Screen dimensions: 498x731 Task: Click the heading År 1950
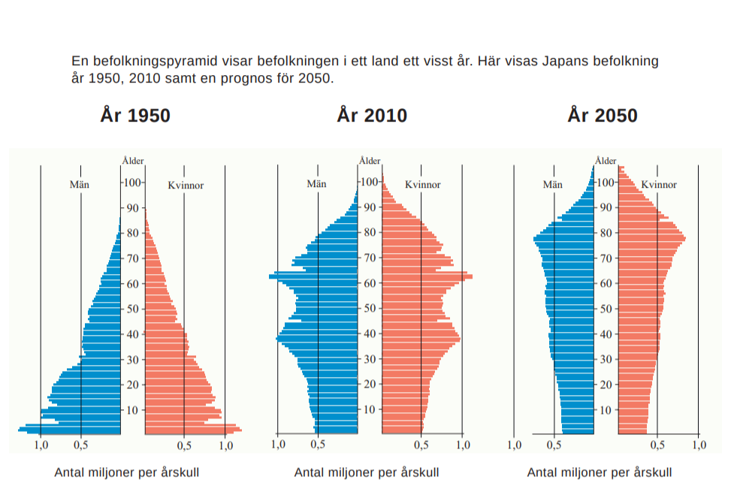coord(135,115)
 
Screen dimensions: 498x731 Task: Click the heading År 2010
coord(372,115)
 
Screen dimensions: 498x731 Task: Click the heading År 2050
coord(603,115)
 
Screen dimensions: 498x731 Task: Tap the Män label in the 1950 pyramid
coord(80,184)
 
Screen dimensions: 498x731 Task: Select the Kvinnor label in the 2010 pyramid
coord(422,184)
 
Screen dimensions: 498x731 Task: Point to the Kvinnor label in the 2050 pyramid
coord(659,184)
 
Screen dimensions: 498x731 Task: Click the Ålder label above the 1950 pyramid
coord(133,160)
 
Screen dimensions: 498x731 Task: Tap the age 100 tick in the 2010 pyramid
coord(368,182)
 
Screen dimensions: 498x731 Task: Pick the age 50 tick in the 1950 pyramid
coord(133,309)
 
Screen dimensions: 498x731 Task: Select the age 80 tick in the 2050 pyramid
coord(606,233)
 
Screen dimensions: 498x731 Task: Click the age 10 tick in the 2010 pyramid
coord(370,409)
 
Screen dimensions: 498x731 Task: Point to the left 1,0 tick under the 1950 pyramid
coord(41,445)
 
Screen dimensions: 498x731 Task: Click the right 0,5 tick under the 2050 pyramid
coord(657,445)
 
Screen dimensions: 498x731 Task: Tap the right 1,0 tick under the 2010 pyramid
coord(462,445)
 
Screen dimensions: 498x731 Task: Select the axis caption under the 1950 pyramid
coord(126,472)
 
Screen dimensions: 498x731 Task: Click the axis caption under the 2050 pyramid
coord(600,472)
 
